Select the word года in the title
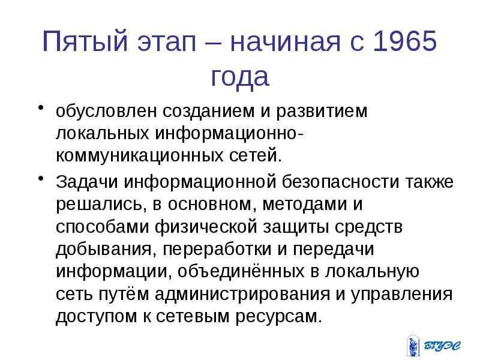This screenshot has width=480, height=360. (x=240, y=77)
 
